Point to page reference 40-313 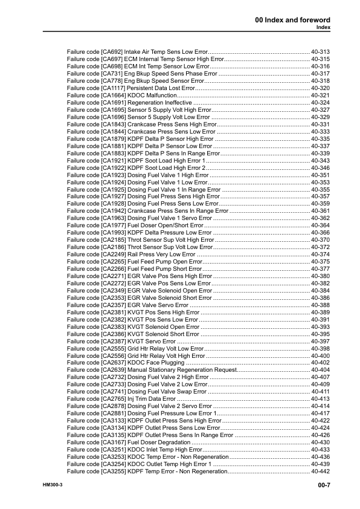coord(320,53)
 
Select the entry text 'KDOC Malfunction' coord(152,96)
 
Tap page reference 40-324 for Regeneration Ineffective coord(320,103)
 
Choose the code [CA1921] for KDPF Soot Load coord(111,161)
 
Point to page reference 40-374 coord(320,254)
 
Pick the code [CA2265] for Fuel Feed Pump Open coord(111,262)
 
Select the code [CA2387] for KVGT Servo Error coord(111,342)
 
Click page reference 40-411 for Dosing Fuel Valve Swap coord(320,392)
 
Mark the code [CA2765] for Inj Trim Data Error coord(111,399)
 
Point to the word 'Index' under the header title coord(323,28)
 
